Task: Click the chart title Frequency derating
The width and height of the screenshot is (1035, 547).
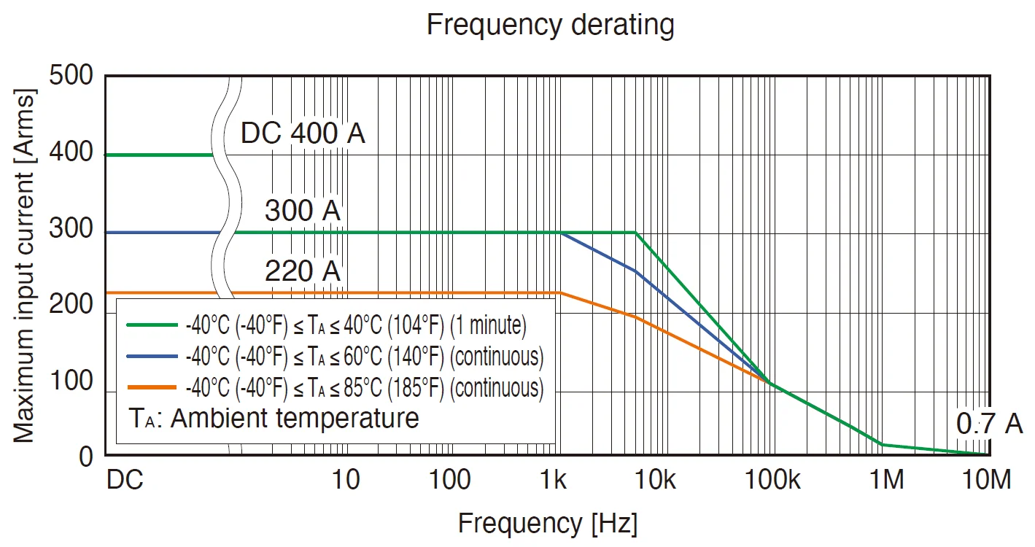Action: [550, 25]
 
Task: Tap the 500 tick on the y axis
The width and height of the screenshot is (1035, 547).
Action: [72, 76]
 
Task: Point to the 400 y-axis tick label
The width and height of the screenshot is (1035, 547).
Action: [72, 153]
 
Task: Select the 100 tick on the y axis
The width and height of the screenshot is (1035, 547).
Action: [72, 381]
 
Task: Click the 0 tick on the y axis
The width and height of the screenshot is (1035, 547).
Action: [86, 457]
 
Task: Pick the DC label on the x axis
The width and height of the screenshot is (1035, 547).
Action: [125, 481]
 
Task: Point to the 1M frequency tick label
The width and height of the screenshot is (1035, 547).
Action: [886, 481]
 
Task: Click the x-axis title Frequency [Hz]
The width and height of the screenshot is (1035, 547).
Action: [548, 523]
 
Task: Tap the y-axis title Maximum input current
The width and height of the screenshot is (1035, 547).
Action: [25, 266]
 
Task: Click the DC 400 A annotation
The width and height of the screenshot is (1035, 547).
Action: [303, 133]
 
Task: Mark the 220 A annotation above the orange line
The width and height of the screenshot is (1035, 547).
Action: [302, 271]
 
